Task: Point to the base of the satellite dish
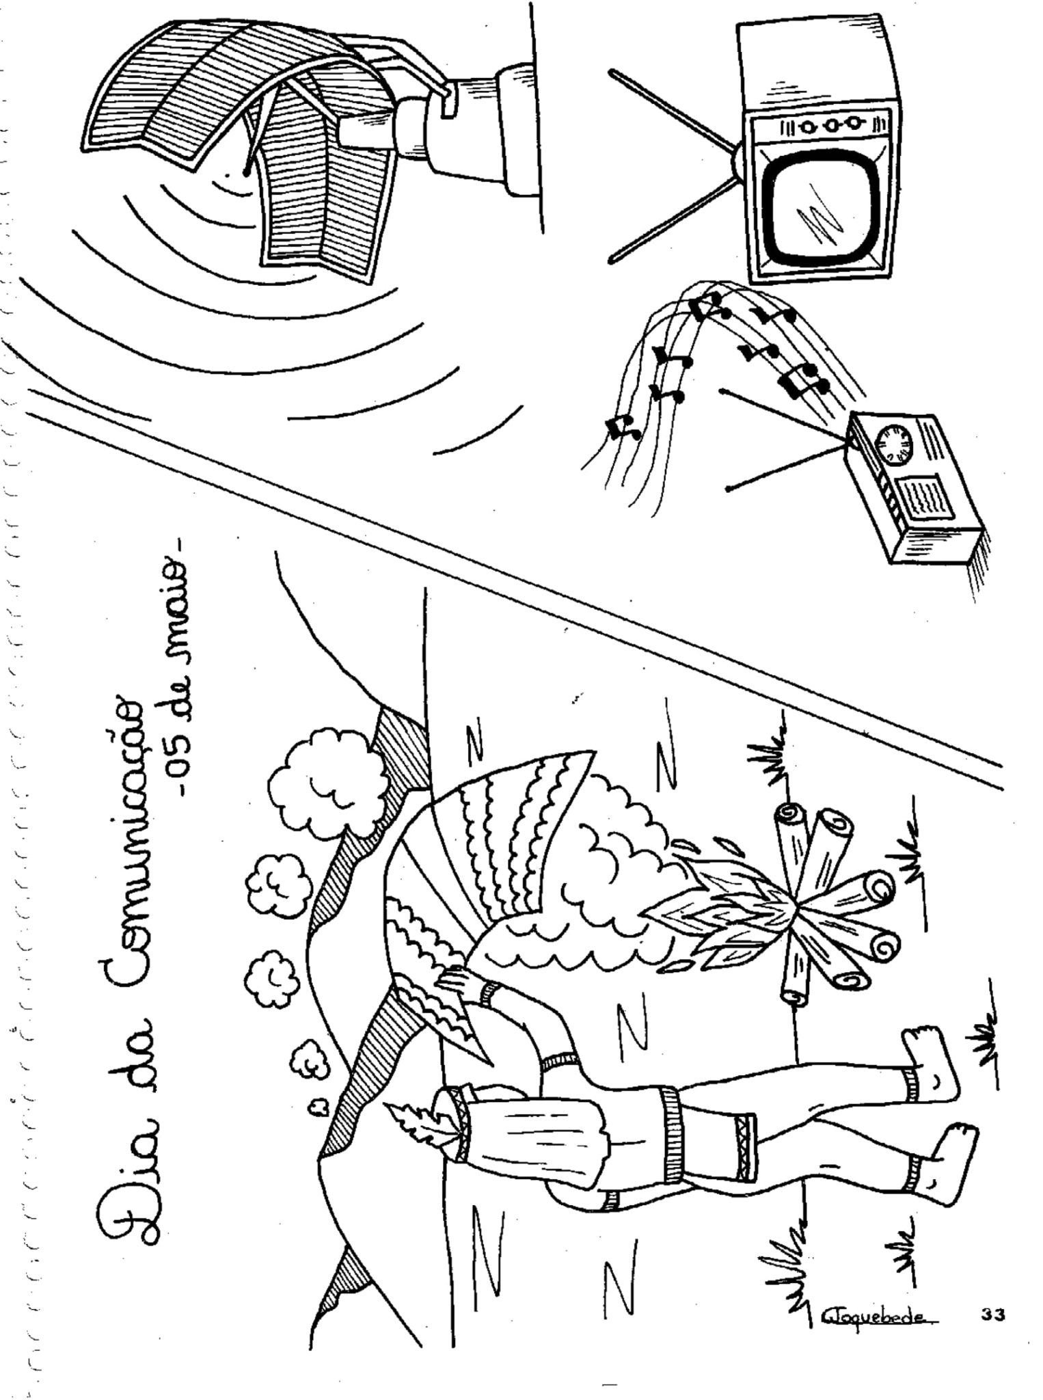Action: pos(478,130)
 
